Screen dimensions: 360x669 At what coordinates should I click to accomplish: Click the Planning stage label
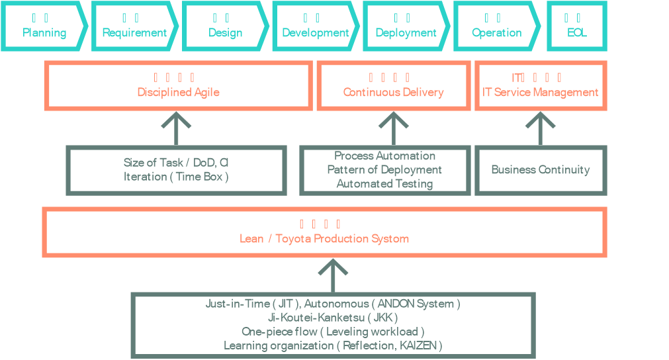pyautogui.click(x=44, y=32)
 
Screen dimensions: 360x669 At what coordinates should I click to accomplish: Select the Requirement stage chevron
pyautogui.click(x=134, y=26)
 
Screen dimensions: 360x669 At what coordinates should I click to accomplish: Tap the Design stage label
pyautogui.click(x=225, y=32)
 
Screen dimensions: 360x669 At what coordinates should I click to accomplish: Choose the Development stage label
pyautogui.click(x=316, y=32)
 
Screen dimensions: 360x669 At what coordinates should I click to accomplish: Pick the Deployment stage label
pyautogui.click(x=406, y=32)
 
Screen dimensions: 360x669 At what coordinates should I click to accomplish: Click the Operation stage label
pyautogui.click(x=496, y=32)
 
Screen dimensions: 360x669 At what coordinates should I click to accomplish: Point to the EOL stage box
pyautogui.click(x=576, y=26)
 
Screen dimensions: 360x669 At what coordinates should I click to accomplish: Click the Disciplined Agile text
pyautogui.click(x=178, y=92)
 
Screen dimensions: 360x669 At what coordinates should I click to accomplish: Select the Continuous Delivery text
pyautogui.click(x=393, y=92)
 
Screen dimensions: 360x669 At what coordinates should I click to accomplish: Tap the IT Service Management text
pyautogui.click(x=540, y=92)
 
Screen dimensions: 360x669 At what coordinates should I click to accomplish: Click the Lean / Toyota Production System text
pyautogui.click(x=324, y=238)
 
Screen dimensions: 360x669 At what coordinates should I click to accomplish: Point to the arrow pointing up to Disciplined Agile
pyautogui.click(x=176, y=128)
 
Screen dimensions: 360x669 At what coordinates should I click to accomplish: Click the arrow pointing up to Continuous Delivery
pyautogui.click(x=394, y=128)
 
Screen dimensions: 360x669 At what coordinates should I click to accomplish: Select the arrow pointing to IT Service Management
pyautogui.click(x=541, y=128)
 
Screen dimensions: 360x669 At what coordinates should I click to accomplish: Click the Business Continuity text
pyautogui.click(x=540, y=169)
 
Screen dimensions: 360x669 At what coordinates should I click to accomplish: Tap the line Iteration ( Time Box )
pyautogui.click(x=176, y=177)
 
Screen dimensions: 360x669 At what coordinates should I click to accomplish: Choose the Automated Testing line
pyautogui.click(x=384, y=184)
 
